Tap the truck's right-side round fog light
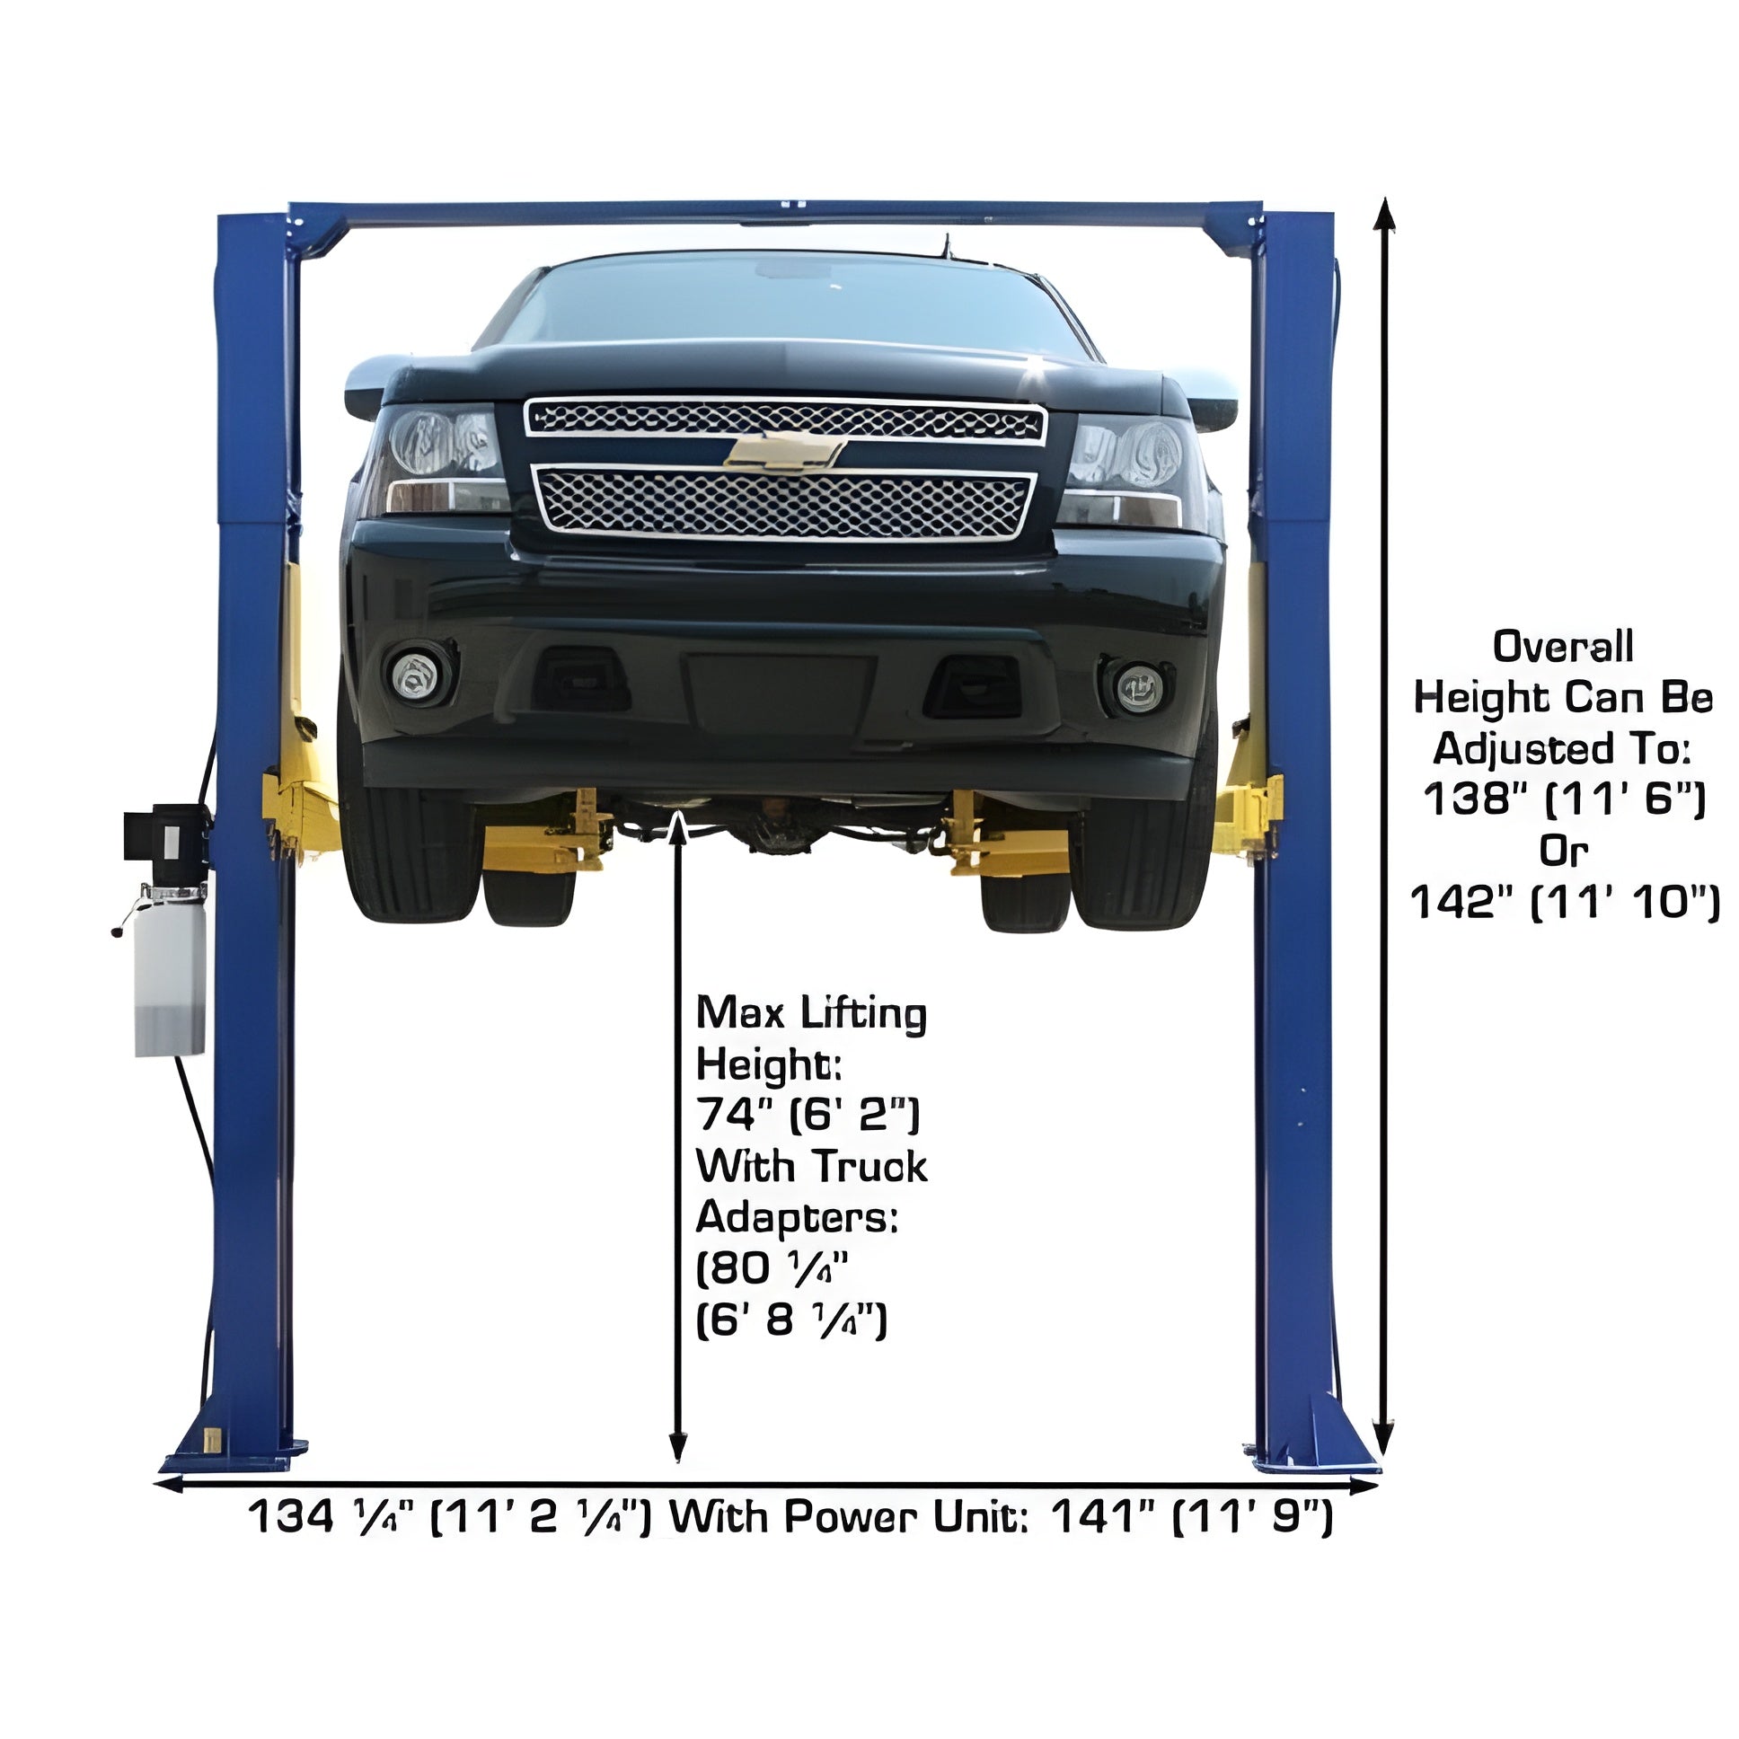(x=1138, y=687)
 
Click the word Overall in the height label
(x=1563, y=647)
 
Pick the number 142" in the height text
(x=1463, y=902)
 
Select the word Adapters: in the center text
(x=798, y=1218)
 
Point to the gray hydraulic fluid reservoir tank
(x=169, y=969)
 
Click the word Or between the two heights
(x=1564, y=851)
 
